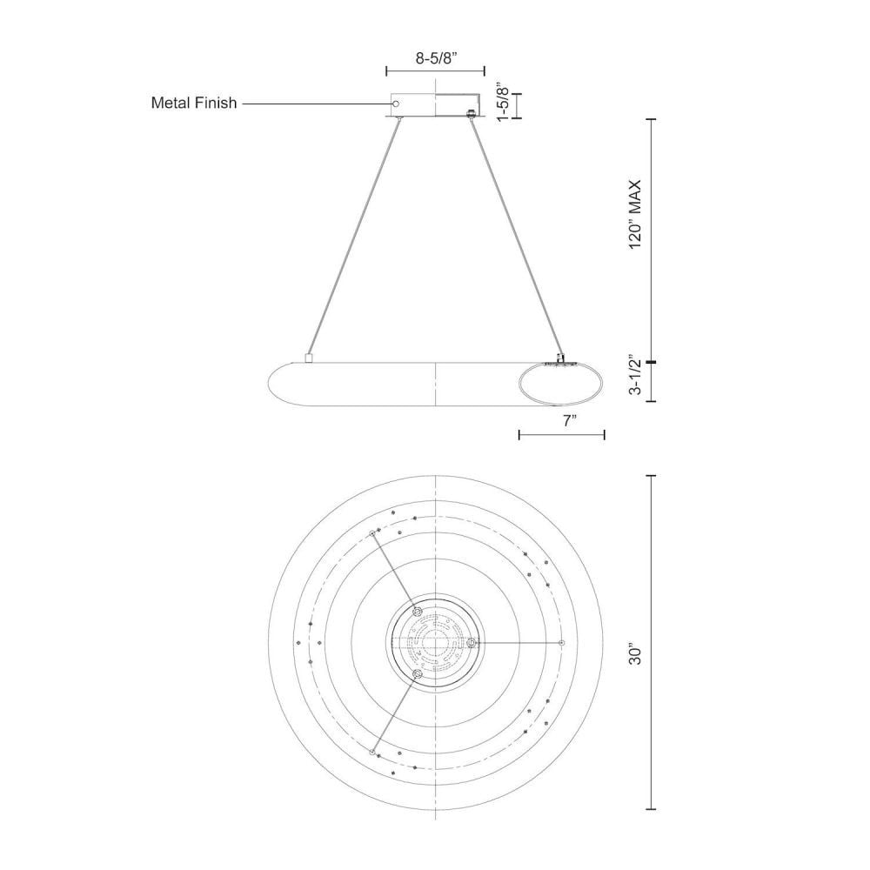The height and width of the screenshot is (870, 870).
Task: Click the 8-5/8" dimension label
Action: coord(436,59)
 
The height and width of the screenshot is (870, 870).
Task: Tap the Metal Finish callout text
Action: coord(194,104)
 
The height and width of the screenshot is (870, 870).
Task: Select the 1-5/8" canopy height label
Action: coord(502,103)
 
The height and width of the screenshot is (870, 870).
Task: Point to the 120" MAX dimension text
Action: coord(634,214)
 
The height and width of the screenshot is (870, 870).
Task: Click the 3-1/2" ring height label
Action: coord(634,376)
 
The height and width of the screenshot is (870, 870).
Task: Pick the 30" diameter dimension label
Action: coord(634,654)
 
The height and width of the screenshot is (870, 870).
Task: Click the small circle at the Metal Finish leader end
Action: coord(396,104)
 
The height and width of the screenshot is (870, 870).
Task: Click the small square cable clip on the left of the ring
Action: coord(309,358)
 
